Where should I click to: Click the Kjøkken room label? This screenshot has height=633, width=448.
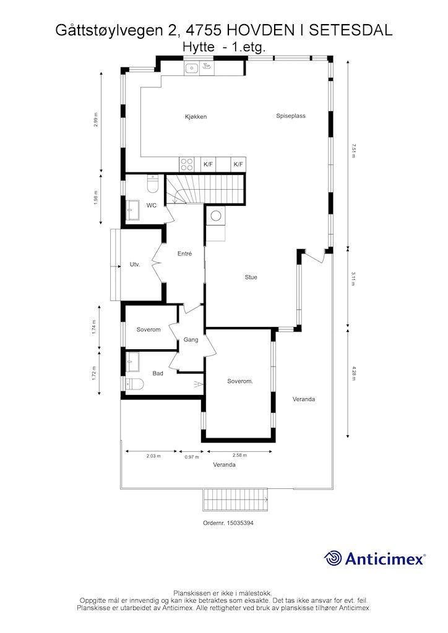195,117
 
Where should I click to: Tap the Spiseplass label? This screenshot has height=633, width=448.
291,116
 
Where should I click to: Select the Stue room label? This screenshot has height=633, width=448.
251,278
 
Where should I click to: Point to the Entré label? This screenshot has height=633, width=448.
184,254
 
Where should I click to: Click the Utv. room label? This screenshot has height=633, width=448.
134,265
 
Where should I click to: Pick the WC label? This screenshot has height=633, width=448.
151,205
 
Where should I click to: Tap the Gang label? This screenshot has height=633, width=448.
191,340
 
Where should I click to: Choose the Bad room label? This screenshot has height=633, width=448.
158,373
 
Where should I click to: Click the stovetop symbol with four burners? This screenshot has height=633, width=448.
186,164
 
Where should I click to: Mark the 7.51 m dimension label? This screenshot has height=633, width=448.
353,150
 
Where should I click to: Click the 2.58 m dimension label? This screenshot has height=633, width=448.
239,456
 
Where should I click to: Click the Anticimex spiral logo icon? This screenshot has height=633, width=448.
334,558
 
